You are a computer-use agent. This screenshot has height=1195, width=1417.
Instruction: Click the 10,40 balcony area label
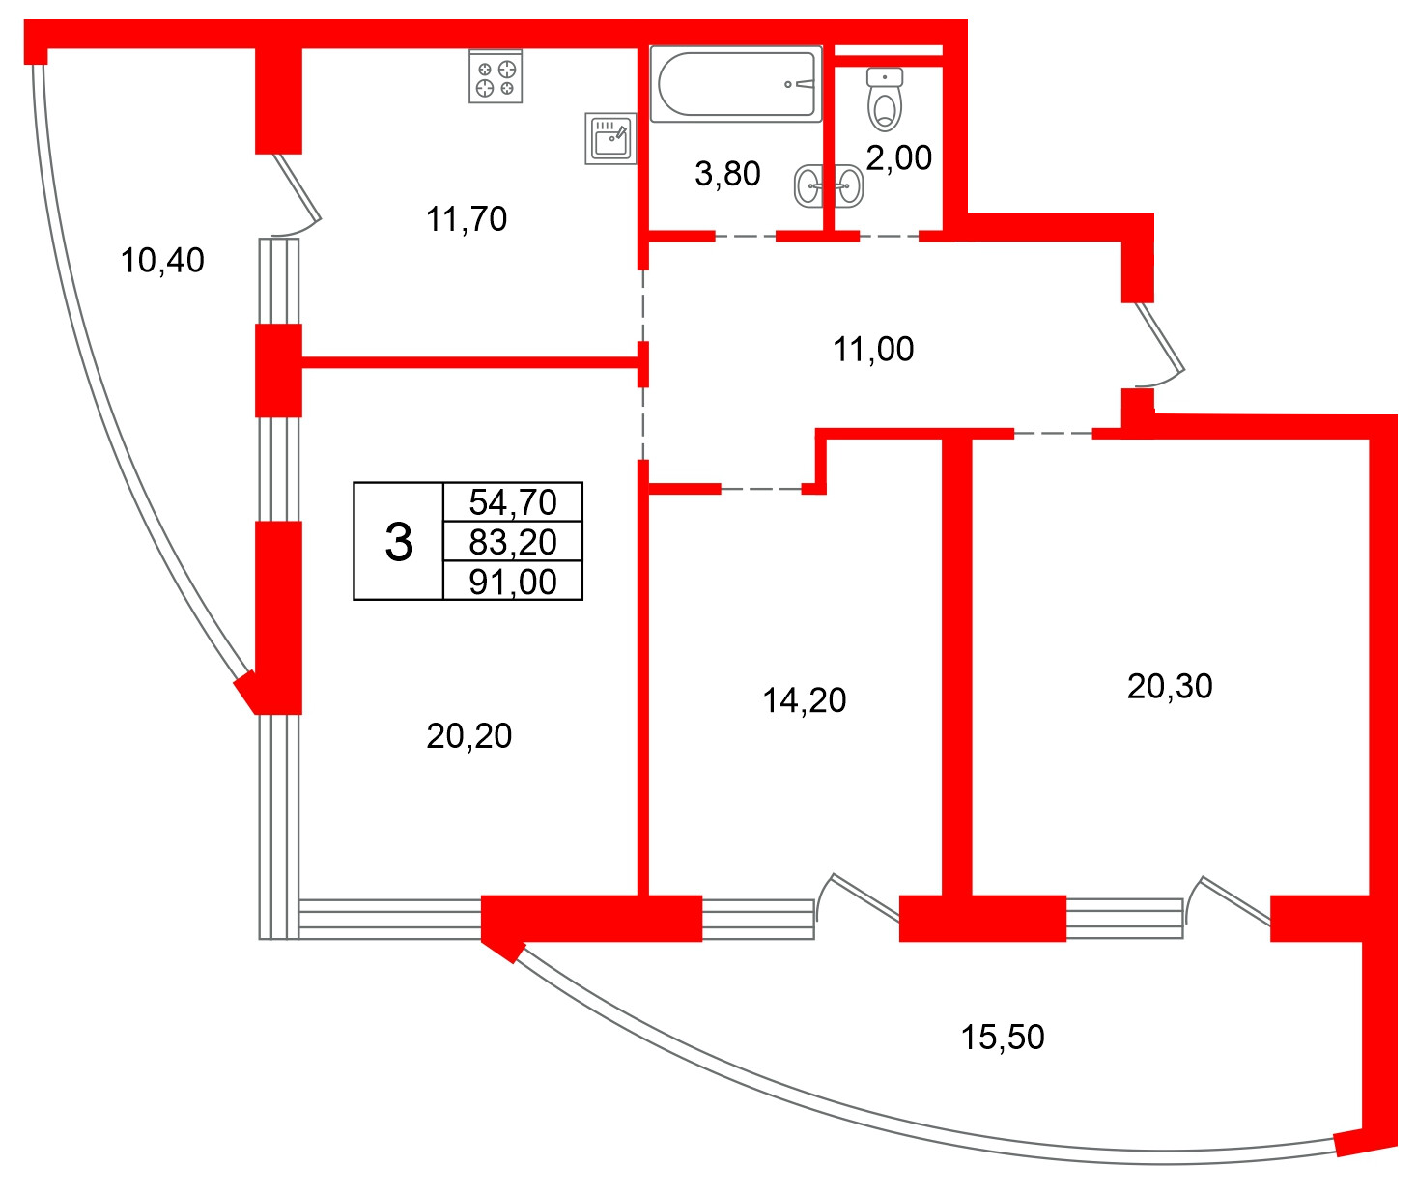click(x=162, y=261)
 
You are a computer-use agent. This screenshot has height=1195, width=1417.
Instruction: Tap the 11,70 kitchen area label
click(x=467, y=219)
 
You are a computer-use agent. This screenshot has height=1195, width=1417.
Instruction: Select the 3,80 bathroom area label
click(x=727, y=174)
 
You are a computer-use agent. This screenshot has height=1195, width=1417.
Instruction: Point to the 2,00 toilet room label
click(x=898, y=158)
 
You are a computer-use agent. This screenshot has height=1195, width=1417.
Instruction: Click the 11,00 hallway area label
click(x=873, y=349)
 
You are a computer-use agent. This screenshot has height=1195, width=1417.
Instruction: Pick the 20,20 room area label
click(x=468, y=735)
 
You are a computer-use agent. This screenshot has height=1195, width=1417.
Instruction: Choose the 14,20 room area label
click(x=805, y=700)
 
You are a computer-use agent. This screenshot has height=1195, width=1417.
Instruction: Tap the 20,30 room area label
click(x=1170, y=687)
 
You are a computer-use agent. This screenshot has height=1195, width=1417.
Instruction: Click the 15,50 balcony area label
click(x=1003, y=1037)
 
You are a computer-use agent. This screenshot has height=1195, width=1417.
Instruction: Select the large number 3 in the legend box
click(x=399, y=542)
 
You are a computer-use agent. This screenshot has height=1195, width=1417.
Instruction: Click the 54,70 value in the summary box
click(x=512, y=501)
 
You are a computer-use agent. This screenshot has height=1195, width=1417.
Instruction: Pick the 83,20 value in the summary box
click(x=512, y=542)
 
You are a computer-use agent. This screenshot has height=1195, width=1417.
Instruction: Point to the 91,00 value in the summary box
click(x=512, y=582)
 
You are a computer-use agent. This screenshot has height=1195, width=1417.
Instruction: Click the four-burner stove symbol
click(x=496, y=77)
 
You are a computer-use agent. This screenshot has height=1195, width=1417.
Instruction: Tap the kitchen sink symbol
click(x=610, y=138)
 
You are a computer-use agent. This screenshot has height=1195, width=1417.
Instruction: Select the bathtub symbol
click(x=736, y=84)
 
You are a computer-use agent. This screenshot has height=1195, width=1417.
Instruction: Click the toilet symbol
click(x=884, y=100)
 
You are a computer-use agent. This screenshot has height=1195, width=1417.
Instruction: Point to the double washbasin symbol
click(x=829, y=185)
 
